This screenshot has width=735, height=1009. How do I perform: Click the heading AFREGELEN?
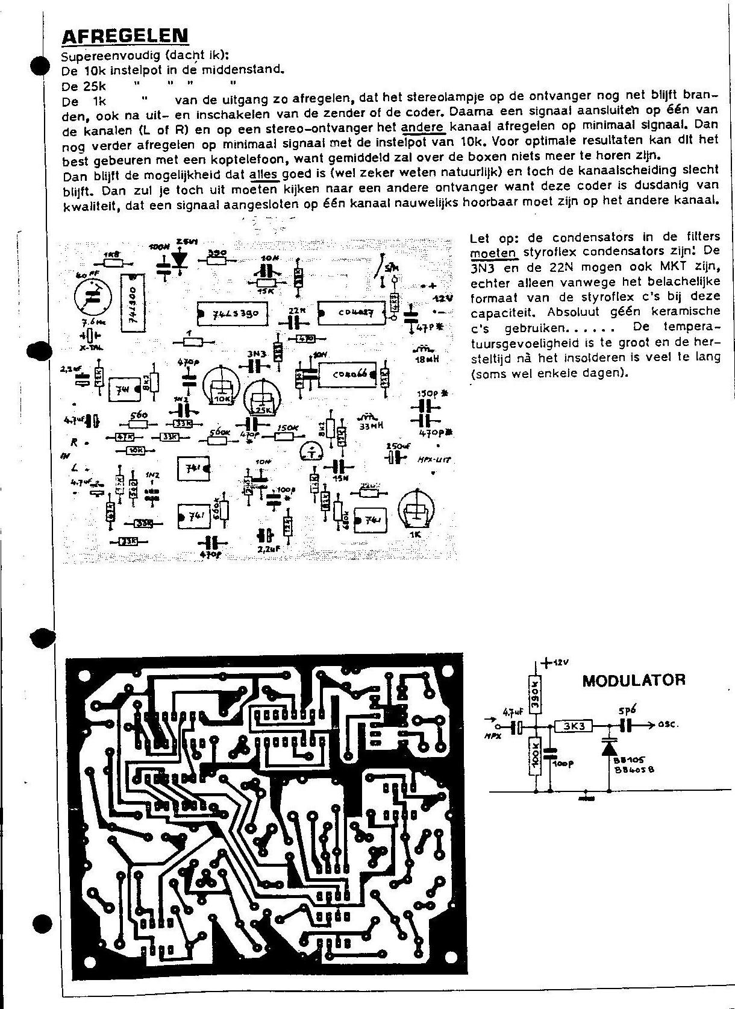pos(125,37)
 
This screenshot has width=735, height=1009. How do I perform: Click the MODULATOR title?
pos(633,681)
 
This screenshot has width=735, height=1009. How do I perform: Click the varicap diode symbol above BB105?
pos(610,747)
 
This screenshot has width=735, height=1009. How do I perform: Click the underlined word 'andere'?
pos(422,127)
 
